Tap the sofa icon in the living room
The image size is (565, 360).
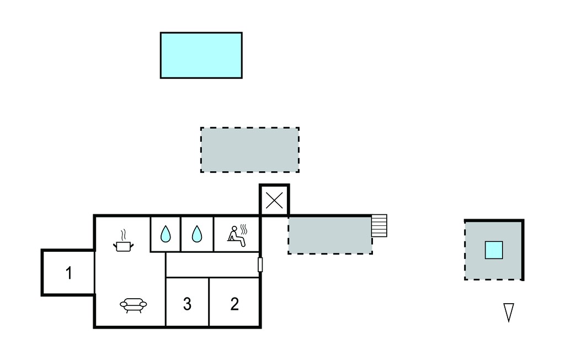[134, 305]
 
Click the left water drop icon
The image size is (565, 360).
[166, 234]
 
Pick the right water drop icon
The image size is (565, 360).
[197, 234]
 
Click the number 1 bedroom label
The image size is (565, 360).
[69, 273]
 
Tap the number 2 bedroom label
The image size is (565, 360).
[234, 304]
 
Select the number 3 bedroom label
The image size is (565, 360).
[187, 304]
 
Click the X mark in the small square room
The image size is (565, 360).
[274, 200]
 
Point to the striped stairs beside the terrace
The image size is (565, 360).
[380, 226]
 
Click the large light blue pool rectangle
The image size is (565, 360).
[201, 55]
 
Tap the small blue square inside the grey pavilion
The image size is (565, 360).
[494, 250]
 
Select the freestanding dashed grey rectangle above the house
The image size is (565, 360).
[250, 150]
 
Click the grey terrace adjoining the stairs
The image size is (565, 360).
[330, 235]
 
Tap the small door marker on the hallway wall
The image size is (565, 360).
[260, 264]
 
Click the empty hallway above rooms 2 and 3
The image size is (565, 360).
[212, 265]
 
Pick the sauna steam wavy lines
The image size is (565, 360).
[243, 230]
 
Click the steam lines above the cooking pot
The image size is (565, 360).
[123, 235]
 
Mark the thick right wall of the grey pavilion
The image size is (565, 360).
[523, 250]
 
